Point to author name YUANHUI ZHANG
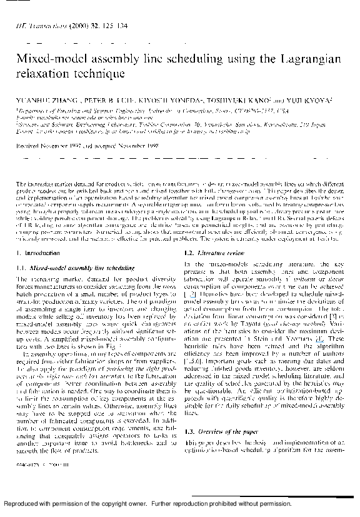(37, 98)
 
